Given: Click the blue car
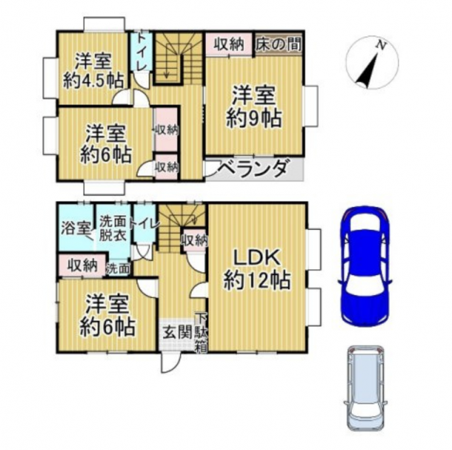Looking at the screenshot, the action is [x=365, y=266].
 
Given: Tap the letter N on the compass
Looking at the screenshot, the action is [x=382, y=45].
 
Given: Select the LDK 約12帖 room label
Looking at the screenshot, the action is [x=256, y=269].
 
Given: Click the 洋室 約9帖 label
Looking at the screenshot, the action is [x=253, y=107].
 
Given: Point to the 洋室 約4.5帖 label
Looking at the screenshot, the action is [x=93, y=70].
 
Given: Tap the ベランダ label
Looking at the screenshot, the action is [x=253, y=168].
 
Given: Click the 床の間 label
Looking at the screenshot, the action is [x=279, y=44].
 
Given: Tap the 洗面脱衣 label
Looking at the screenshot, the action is [x=113, y=228].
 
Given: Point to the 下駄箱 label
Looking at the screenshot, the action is [x=202, y=333].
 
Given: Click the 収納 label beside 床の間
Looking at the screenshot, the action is [x=229, y=44].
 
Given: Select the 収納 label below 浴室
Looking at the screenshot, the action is [x=82, y=265].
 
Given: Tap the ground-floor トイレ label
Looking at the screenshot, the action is [x=144, y=224].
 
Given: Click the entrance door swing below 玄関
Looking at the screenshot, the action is [x=170, y=363].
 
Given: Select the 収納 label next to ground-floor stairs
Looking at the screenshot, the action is [x=195, y=239].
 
